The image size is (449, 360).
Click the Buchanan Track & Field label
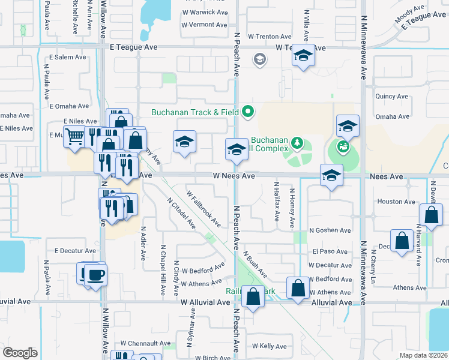(194, 112)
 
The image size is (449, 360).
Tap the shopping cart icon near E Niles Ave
(74, 136)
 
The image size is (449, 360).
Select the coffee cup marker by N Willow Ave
(96, 275)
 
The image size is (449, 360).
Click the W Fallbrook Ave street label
(203, 209)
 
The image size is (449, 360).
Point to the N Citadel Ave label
(181, 213)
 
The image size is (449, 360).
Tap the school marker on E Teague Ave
(303, 57)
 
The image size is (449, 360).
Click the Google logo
(20, 353)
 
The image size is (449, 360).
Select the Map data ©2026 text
(424, 355)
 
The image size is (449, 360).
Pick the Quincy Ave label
(391, 96)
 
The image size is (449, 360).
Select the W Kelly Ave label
(269, 346)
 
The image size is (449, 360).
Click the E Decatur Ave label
(75, 251)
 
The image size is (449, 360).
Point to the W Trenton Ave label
(269, 37)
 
